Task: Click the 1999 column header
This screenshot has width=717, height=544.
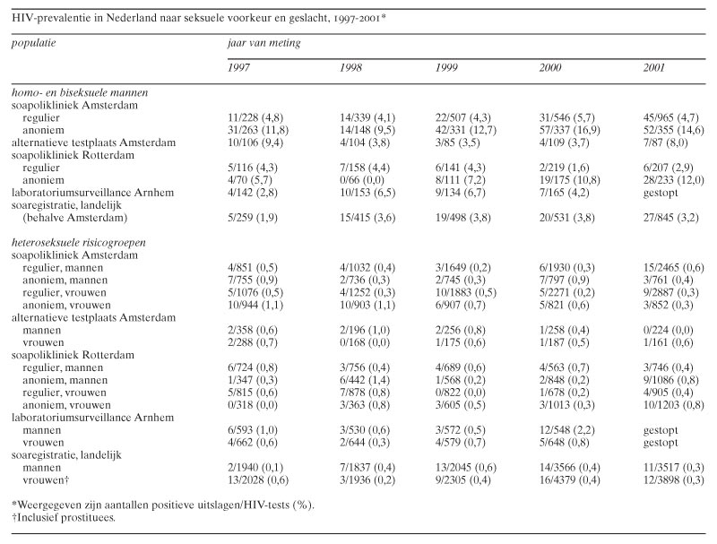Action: (446, 67)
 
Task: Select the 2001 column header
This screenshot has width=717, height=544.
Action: (654, 67)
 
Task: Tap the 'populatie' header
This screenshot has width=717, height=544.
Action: (34, 43)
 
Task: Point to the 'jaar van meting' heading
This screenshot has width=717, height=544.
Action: (264, 43)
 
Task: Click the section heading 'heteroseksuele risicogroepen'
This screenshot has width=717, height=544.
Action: (79, 243)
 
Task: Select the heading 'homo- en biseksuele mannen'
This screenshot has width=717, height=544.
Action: (80, 93)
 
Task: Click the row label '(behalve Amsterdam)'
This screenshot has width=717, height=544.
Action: (75, 218)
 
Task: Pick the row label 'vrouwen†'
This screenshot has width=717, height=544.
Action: (46, 480)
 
